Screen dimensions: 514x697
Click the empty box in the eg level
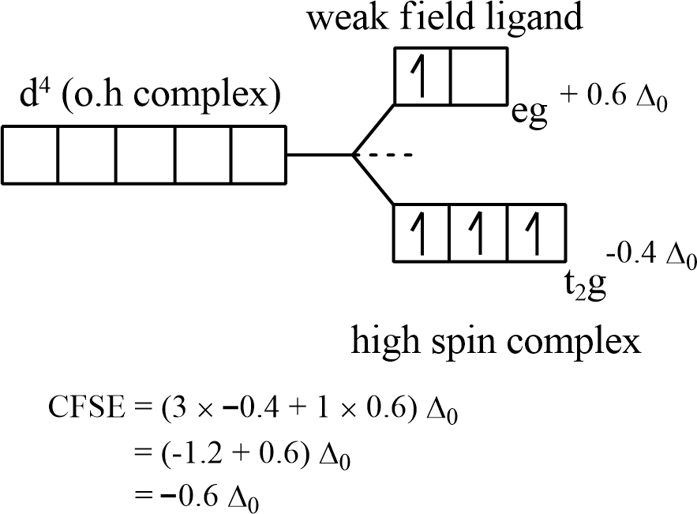point(478,76)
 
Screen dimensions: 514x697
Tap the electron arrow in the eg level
point(422,76)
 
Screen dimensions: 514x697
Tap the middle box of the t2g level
point(479,233)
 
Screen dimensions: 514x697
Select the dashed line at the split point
point(392,156)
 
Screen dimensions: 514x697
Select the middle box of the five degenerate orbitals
point(144,155)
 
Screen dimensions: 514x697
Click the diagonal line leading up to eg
point(373,129)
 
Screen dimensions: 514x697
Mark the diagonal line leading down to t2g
point(373,181)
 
